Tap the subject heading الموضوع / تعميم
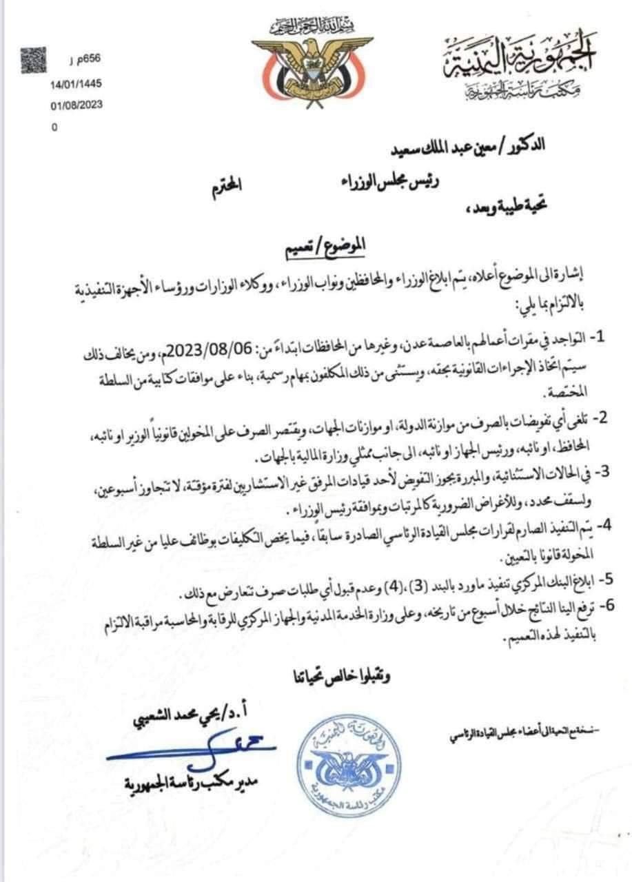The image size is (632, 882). pos(325,245)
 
